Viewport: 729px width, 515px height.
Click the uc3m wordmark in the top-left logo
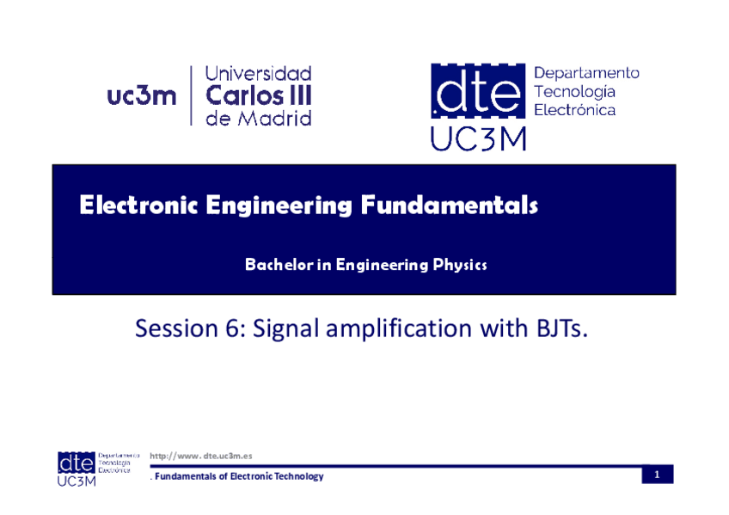pyautogui.click(x=142, y=96)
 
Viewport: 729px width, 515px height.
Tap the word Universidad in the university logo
pyautogui.click(x=258, y=73)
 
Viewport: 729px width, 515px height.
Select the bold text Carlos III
pyautogui.click(x=259, y=95)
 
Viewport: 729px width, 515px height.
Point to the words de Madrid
pyautogui.click(x=259, y=118)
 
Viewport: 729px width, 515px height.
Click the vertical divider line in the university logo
pyautogui.click(x=191, y=95)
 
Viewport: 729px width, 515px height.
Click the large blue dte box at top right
pyautogui.click(x=478, y=90)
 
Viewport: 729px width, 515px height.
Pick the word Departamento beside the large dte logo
pyautogui.click(x=586, y=73)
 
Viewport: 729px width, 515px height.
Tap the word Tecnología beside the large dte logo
pyautogui.click(x=574, y=92)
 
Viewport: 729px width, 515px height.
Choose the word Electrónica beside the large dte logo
pyautogui.click(x=574, y=110)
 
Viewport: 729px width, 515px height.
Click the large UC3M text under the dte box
pyautogui.click(x=478, y=138)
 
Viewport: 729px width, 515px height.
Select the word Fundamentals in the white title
pyautogui.click(x=449, y=205)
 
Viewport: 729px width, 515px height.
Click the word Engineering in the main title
pyautogui.click(x=279, y=205)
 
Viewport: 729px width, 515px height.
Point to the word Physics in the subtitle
pyautogui.click(x=460, y=265)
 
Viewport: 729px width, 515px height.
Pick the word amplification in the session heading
pyautogui.click(x=399, y=328)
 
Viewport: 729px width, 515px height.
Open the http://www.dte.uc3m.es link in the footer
pyautogui.click(x=201, y=456)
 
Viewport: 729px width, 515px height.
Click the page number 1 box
pyautogui.click(x=658, y=475)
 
